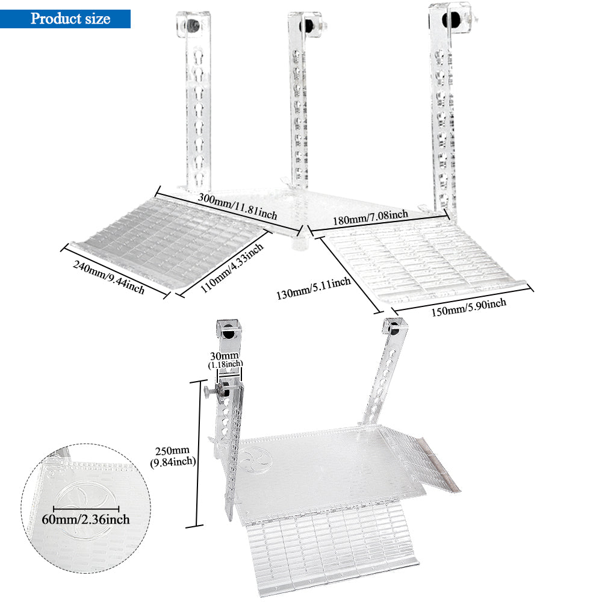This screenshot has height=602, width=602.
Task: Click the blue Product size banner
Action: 66,19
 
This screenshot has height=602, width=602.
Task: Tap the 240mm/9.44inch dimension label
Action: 109,278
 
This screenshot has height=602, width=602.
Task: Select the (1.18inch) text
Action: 226,365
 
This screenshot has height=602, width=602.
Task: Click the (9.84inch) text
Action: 171,462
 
